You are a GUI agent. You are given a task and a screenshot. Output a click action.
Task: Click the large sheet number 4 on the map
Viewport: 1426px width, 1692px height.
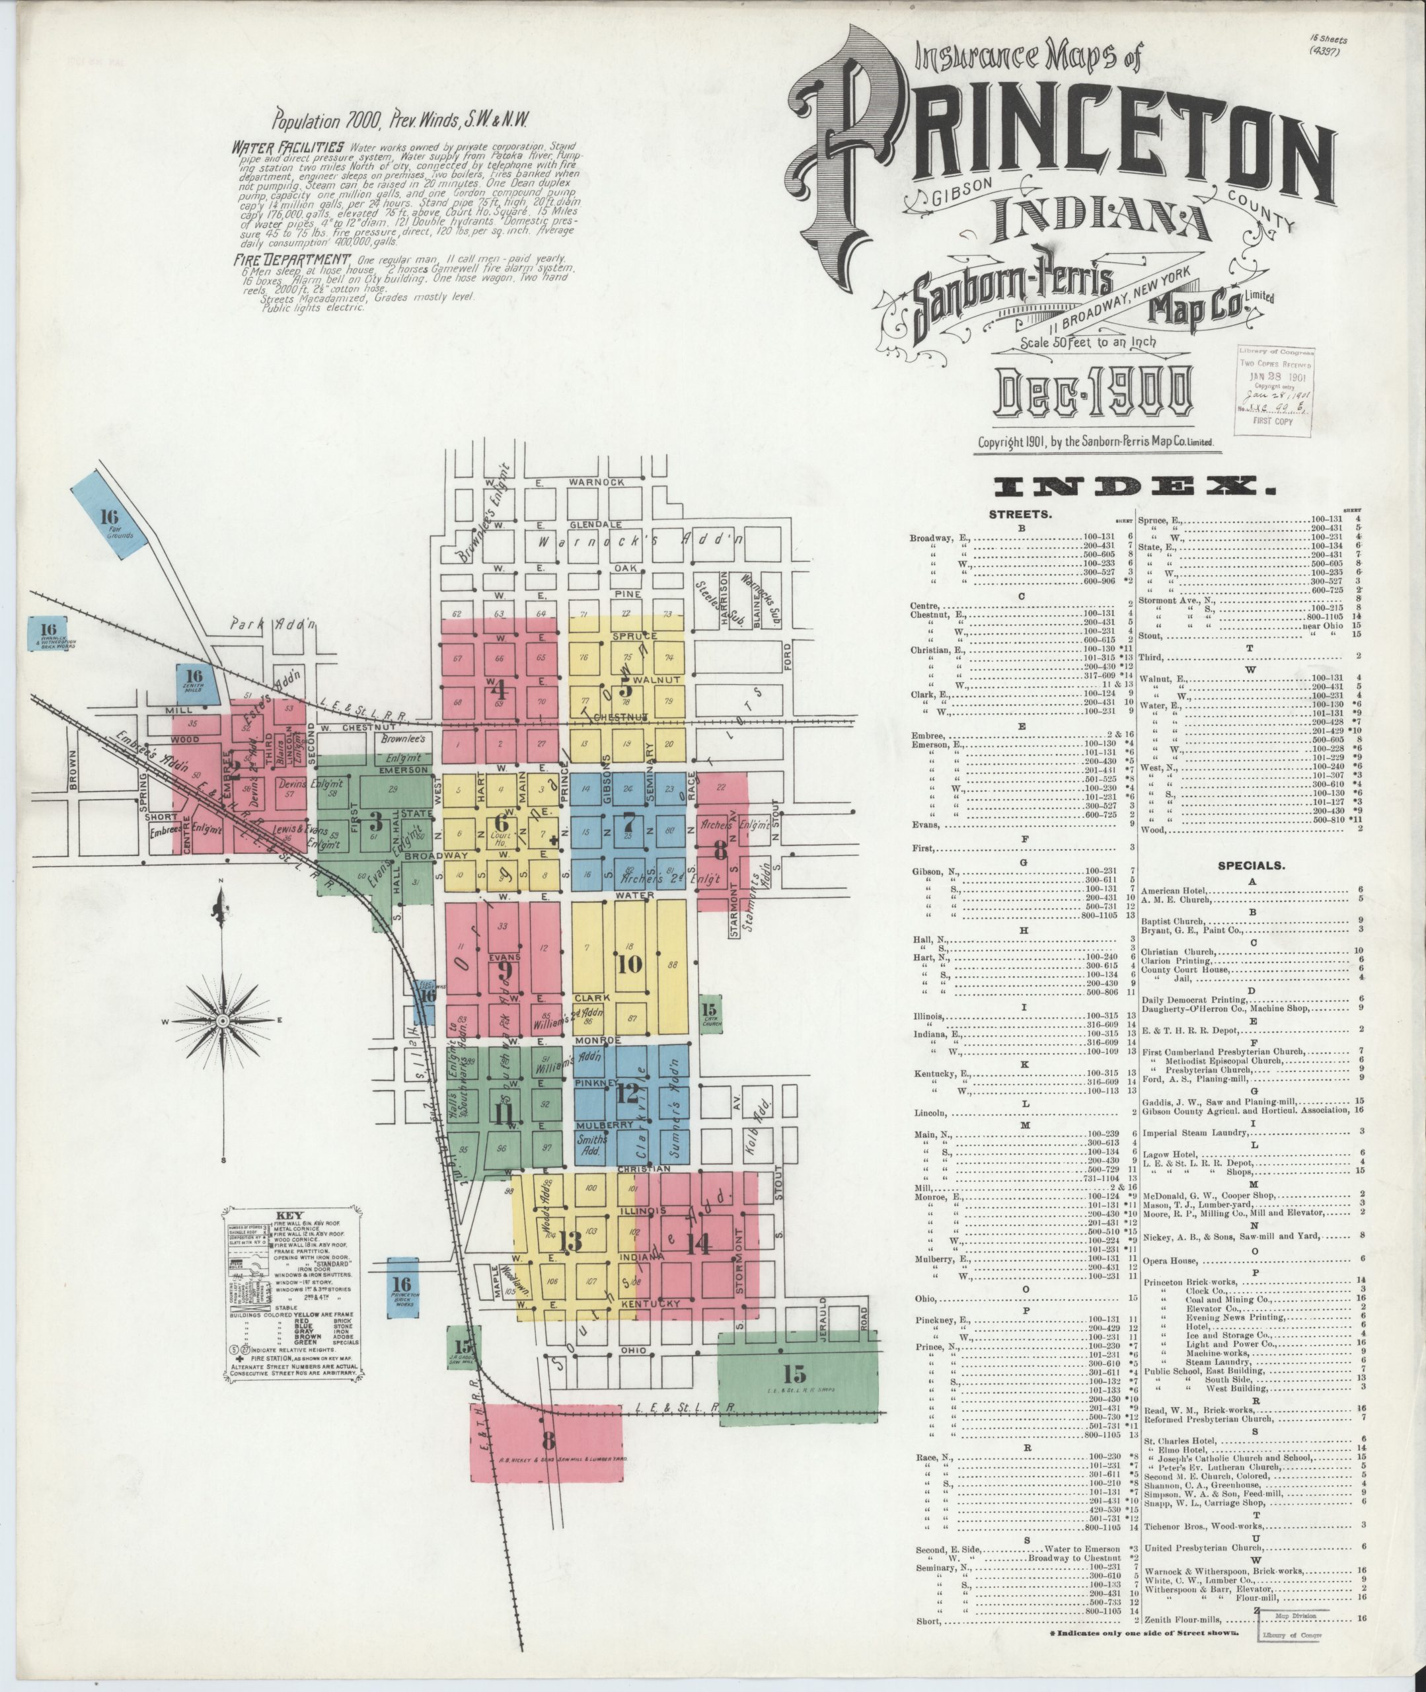(499, 689)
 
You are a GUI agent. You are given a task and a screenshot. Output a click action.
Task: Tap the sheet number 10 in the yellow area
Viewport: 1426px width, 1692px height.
(629, 964)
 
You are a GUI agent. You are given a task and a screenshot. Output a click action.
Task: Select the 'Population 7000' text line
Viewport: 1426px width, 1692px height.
(401, 121)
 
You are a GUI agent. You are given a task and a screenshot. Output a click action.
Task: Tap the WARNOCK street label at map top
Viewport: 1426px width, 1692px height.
(597, 482)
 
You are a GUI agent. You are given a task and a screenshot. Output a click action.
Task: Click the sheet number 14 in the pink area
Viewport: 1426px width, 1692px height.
(698, 1245)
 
